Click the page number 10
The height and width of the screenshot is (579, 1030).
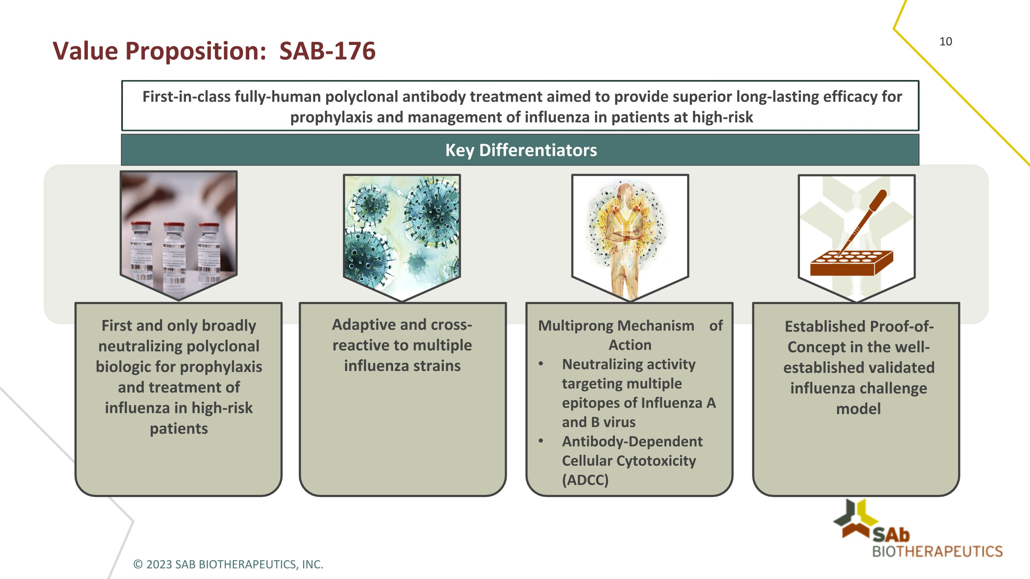coord(945,42)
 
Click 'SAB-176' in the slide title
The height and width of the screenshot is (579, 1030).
coord(327,51)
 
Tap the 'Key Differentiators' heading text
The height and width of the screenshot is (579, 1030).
coord(520,150)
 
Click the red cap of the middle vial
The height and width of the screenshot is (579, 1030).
coord(174,226)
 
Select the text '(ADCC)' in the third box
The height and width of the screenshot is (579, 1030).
coord(585,480)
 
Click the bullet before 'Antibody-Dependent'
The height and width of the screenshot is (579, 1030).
coord(541,441)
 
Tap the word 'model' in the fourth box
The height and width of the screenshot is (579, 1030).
coord(858,409)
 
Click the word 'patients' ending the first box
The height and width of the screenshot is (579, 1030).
coord(179,429)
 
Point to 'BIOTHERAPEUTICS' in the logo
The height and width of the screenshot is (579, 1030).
coord(937,552)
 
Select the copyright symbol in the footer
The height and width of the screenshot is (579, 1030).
coord(138,564)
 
